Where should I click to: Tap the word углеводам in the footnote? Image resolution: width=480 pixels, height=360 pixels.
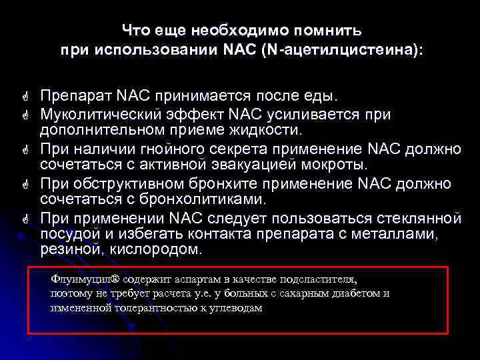tap(235, 308)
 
